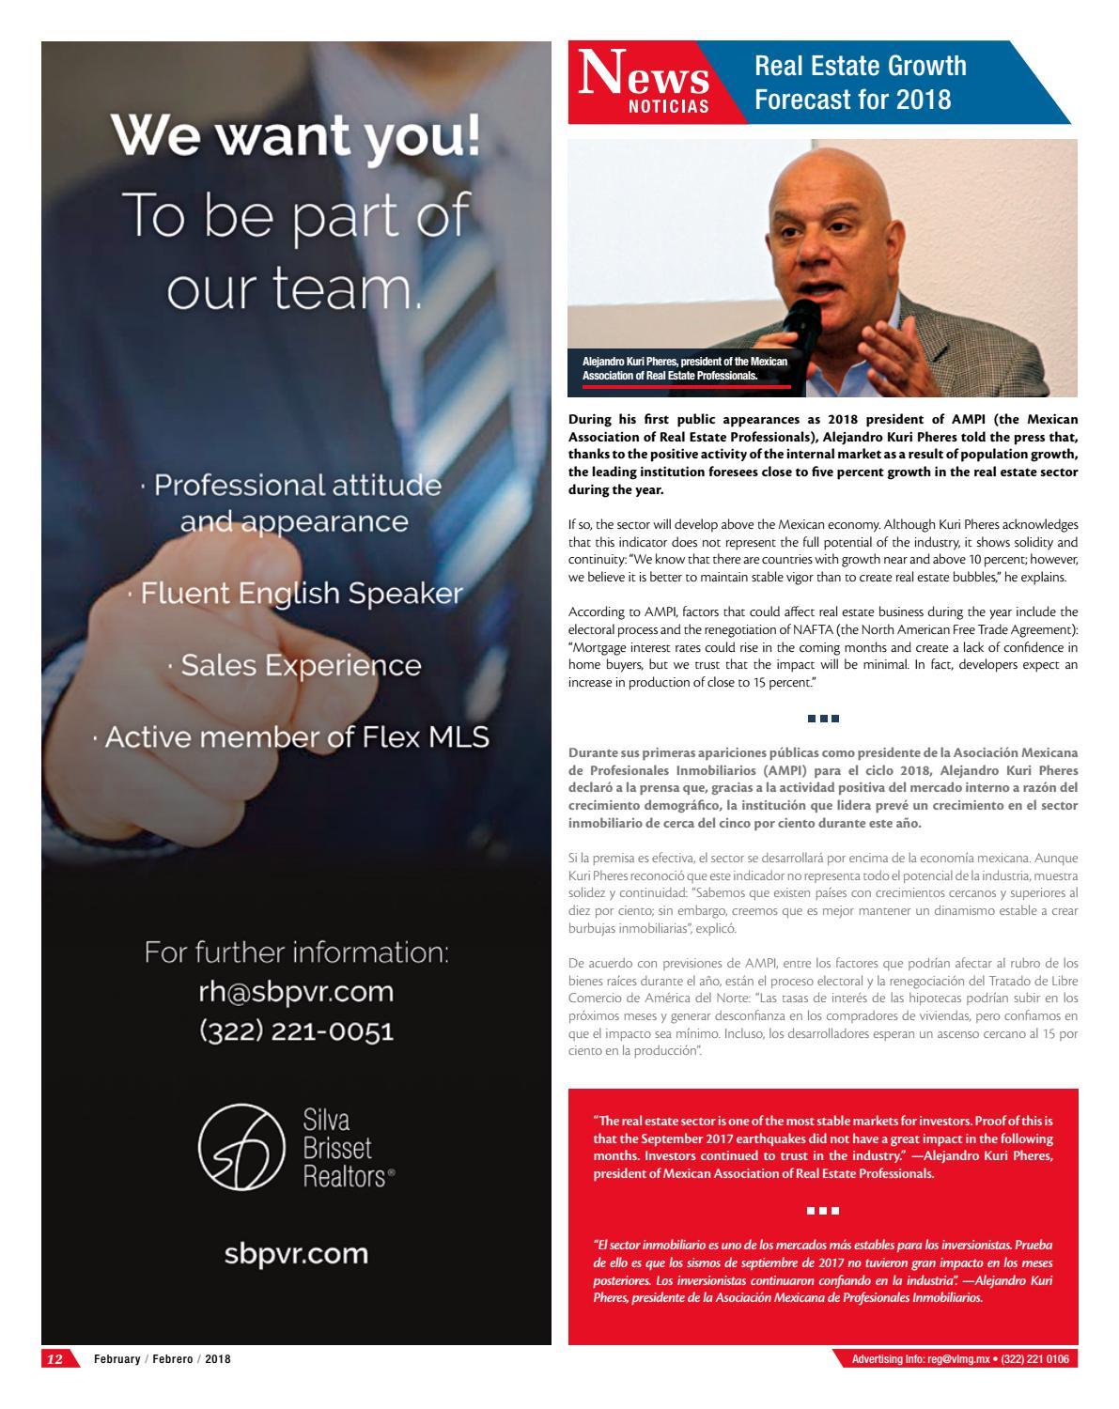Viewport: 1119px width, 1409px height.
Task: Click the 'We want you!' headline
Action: point(296,137)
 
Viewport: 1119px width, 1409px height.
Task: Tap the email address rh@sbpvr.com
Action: point(296,992)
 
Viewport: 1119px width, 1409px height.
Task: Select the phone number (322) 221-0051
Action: point(296,1031)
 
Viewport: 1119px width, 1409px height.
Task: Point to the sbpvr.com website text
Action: point(296,1254)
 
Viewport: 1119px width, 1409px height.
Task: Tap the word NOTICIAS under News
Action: point(669,107)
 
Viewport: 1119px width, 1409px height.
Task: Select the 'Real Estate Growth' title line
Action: point(860,66)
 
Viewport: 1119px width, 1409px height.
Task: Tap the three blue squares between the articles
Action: point(823,719)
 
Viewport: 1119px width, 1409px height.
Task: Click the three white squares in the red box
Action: point(823,1211)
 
